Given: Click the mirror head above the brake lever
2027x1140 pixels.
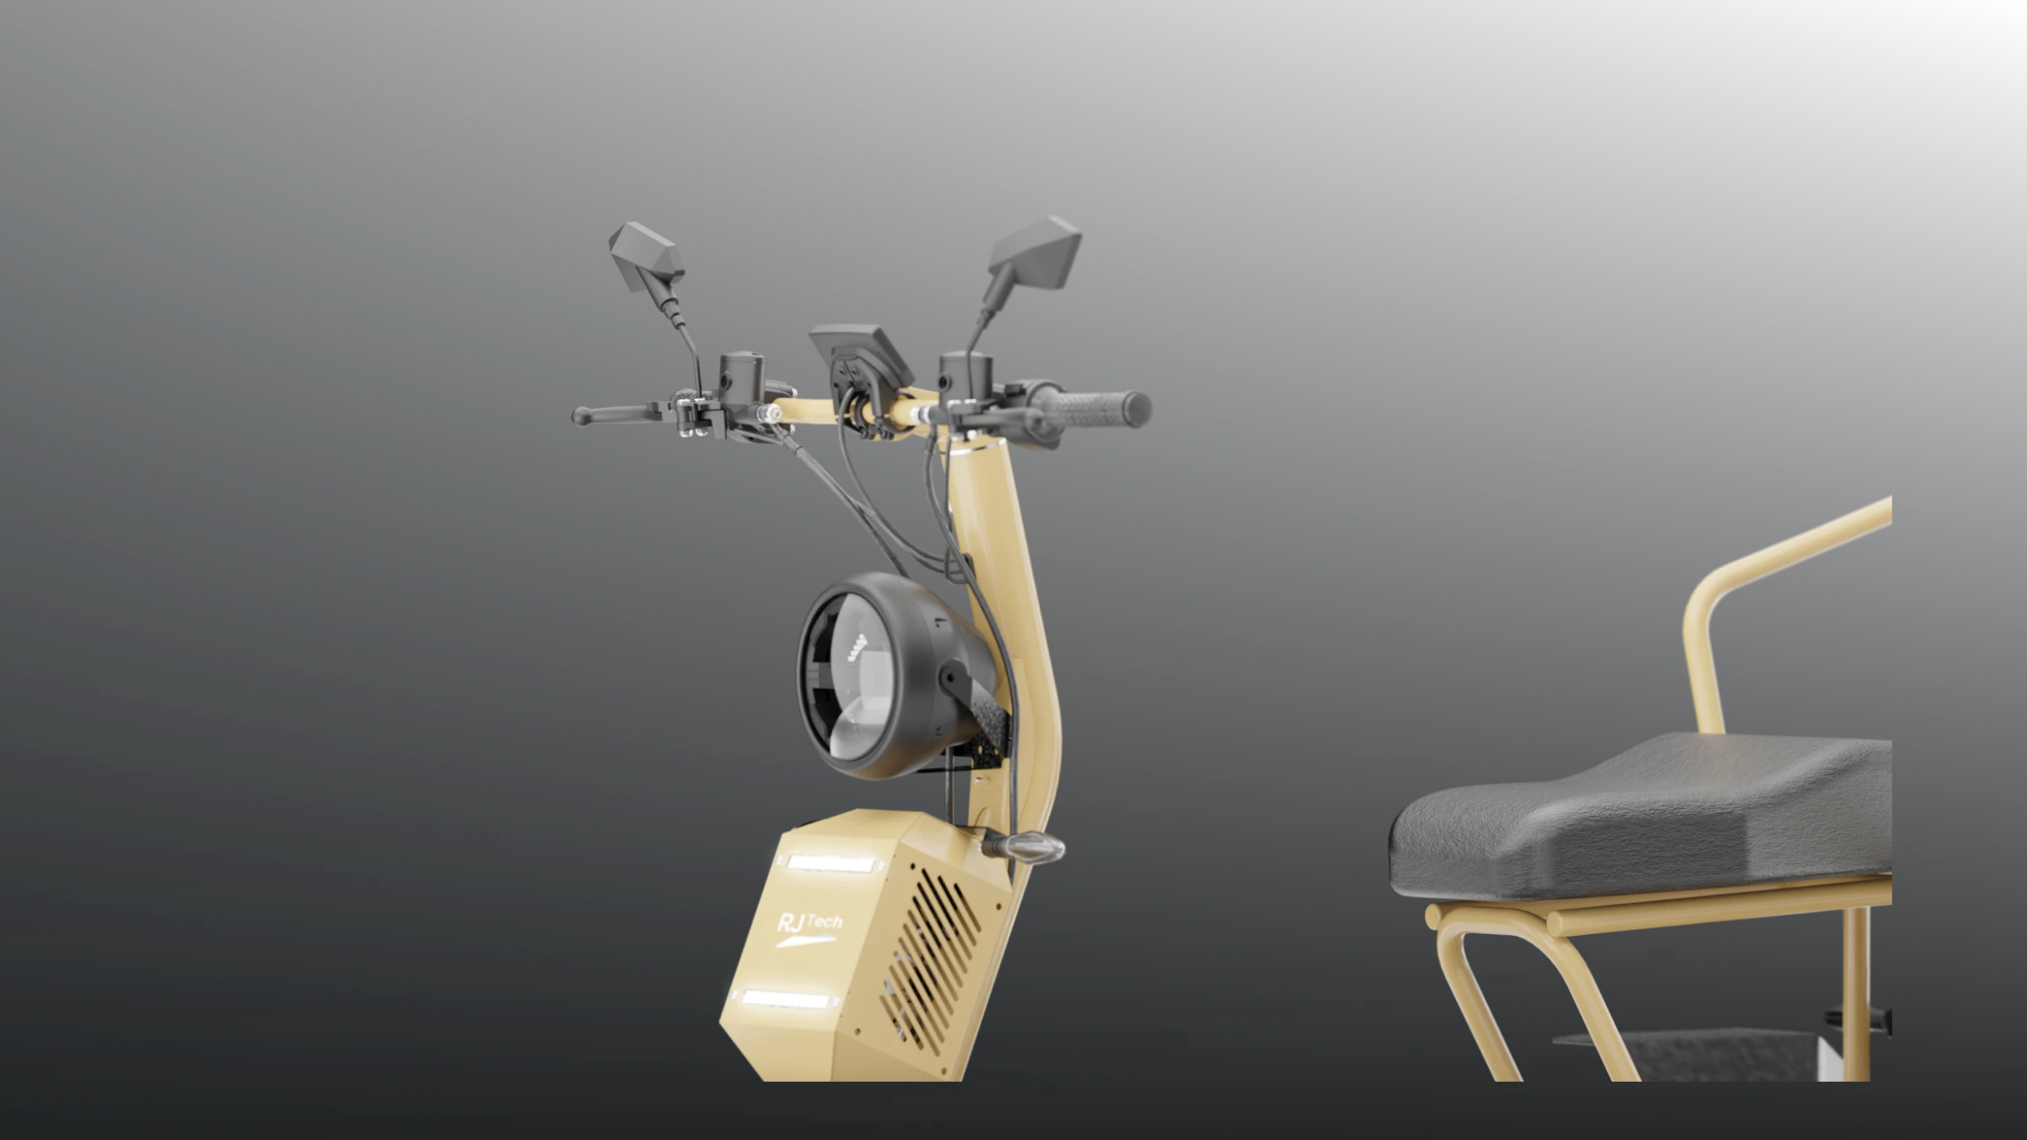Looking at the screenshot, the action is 646,256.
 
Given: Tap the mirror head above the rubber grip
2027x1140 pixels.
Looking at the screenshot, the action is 1035,252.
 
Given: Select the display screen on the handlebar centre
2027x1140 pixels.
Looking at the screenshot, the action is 860,355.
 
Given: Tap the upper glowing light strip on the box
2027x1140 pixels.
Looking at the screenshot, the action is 833,865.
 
